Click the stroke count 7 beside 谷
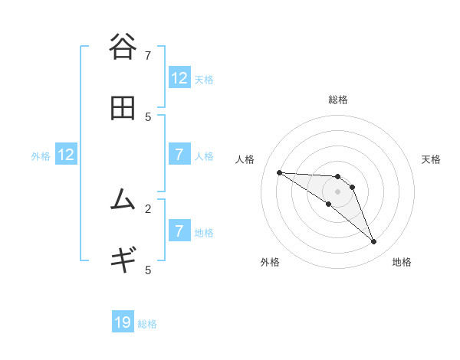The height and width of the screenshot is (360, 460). click(x=148, y=55)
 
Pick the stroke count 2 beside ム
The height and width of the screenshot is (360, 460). click(x=148, y=208)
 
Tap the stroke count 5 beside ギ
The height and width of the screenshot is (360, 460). click(x=148, y=270)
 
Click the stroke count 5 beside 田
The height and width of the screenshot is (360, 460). click(x=148, y=116)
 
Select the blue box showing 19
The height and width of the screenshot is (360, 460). click(x=123, y=322)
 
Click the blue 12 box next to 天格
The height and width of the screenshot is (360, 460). click(x=179, y=78)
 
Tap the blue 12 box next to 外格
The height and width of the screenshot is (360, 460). click(x=66, y=155)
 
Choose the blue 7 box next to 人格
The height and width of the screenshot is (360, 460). click(x=179, y=155)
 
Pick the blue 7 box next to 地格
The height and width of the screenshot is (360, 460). click(x=179, y=232)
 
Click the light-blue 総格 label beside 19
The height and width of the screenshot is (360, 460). click(x=147, y=324)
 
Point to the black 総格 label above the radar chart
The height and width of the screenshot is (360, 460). click(x=337, y=100)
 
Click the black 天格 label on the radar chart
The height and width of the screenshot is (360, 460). click(x=431, y=159)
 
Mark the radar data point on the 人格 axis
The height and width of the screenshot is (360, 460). click(x=279, y=172)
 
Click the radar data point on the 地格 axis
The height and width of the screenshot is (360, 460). click(x=373, y=242)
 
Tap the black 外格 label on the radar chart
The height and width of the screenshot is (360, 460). click(x=270, y=262)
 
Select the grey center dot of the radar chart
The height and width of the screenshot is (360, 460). click(x=337, y=191)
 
